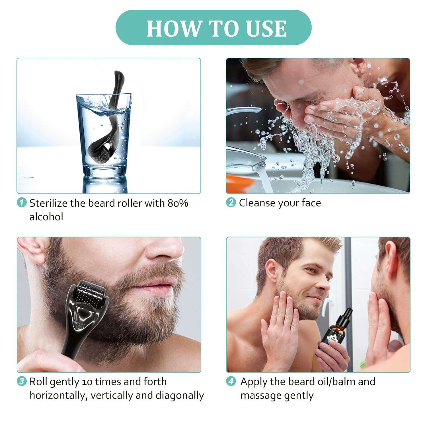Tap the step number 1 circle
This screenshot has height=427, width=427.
click(22, 203)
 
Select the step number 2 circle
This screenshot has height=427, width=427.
click(231, 202)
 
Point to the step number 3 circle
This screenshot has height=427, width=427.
click(22, 381)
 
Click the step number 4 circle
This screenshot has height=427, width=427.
click(231, 381)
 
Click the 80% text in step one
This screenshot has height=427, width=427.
click(178, 203)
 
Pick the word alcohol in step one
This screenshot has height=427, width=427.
click(46, 217)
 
